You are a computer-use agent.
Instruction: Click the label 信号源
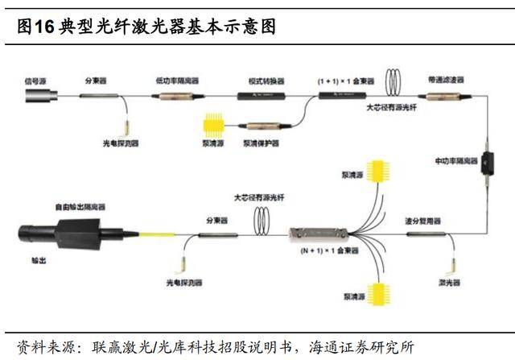click(x=34, y=81)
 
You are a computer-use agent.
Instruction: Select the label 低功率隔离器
click(x=177, y=81)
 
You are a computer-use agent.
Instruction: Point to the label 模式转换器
click(x=263, y=81)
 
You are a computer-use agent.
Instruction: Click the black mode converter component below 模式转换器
click(x=263, y=96)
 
